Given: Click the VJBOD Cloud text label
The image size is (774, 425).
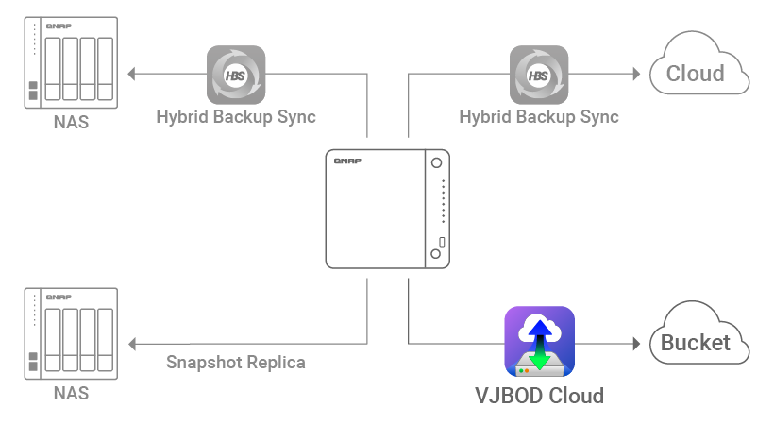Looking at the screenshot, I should tap(539, 395).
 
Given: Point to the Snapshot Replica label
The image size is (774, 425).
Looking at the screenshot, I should tap(236, 362).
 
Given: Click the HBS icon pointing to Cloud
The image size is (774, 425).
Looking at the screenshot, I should tap(539, 75).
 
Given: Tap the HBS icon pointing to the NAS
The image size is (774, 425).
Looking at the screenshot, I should tap(236, 75).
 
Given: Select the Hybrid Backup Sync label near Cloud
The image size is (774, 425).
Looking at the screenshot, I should tap(539, 117).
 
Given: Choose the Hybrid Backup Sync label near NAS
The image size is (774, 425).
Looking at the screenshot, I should tap(236, 117).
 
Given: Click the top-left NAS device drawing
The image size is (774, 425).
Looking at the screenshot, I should tap(70, 61).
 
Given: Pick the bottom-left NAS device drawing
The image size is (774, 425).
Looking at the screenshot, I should tap(70, 331).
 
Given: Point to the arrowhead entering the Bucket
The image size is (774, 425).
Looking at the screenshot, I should tap(637, 342).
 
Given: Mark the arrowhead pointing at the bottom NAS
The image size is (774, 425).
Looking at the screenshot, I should tap(133, 342).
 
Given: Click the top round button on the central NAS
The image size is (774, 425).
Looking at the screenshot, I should tap(436, 163).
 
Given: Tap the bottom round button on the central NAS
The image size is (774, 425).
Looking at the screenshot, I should tap(435, 254).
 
